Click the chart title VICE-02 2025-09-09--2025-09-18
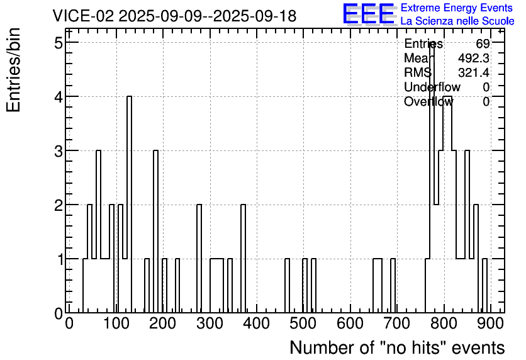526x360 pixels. pos(174,16)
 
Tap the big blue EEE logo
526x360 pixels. pos(369,14)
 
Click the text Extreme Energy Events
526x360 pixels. pos(457,8)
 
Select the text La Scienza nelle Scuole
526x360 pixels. pos(457,21)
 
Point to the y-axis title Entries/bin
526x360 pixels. pos(14,70)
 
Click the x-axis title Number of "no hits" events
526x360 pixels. pos(397,347)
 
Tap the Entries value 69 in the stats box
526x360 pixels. pos(483,43)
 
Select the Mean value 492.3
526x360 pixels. pos(474,58)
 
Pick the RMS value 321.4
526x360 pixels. pos(474,72)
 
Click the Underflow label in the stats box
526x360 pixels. pos(432,87)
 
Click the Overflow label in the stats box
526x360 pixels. pos(428,101)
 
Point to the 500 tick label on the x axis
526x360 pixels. pos(303,324)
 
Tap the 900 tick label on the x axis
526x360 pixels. pos(490,324)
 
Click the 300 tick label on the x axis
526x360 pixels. pos(210,324)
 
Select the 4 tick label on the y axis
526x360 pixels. pos(59,97)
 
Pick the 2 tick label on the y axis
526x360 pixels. pos(59,205)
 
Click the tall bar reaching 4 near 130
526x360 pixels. pos(129,205)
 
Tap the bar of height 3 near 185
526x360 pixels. pos(155,232)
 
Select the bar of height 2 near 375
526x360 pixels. pos(243,259)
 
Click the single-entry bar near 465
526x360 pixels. pos(287,286)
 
